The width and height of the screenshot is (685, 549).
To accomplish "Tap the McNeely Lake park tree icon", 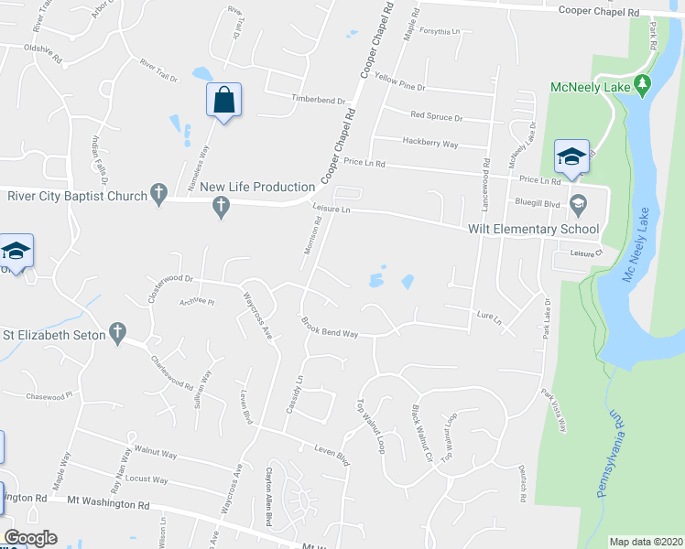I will (x=643, y=87).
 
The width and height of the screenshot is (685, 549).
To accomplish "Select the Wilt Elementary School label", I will (x=533, y=229).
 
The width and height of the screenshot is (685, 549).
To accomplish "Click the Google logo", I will (x=30, y=538).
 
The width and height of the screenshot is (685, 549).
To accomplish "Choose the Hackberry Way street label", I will (x=430, y=143).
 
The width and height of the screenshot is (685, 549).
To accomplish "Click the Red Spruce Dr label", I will (x=437, y=117).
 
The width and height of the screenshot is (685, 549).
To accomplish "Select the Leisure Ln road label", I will (x=332, y=210).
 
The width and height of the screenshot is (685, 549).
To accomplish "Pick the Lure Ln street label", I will (x=490, y=318).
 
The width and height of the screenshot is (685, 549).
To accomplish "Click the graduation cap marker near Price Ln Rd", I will (x=571, y=156).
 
